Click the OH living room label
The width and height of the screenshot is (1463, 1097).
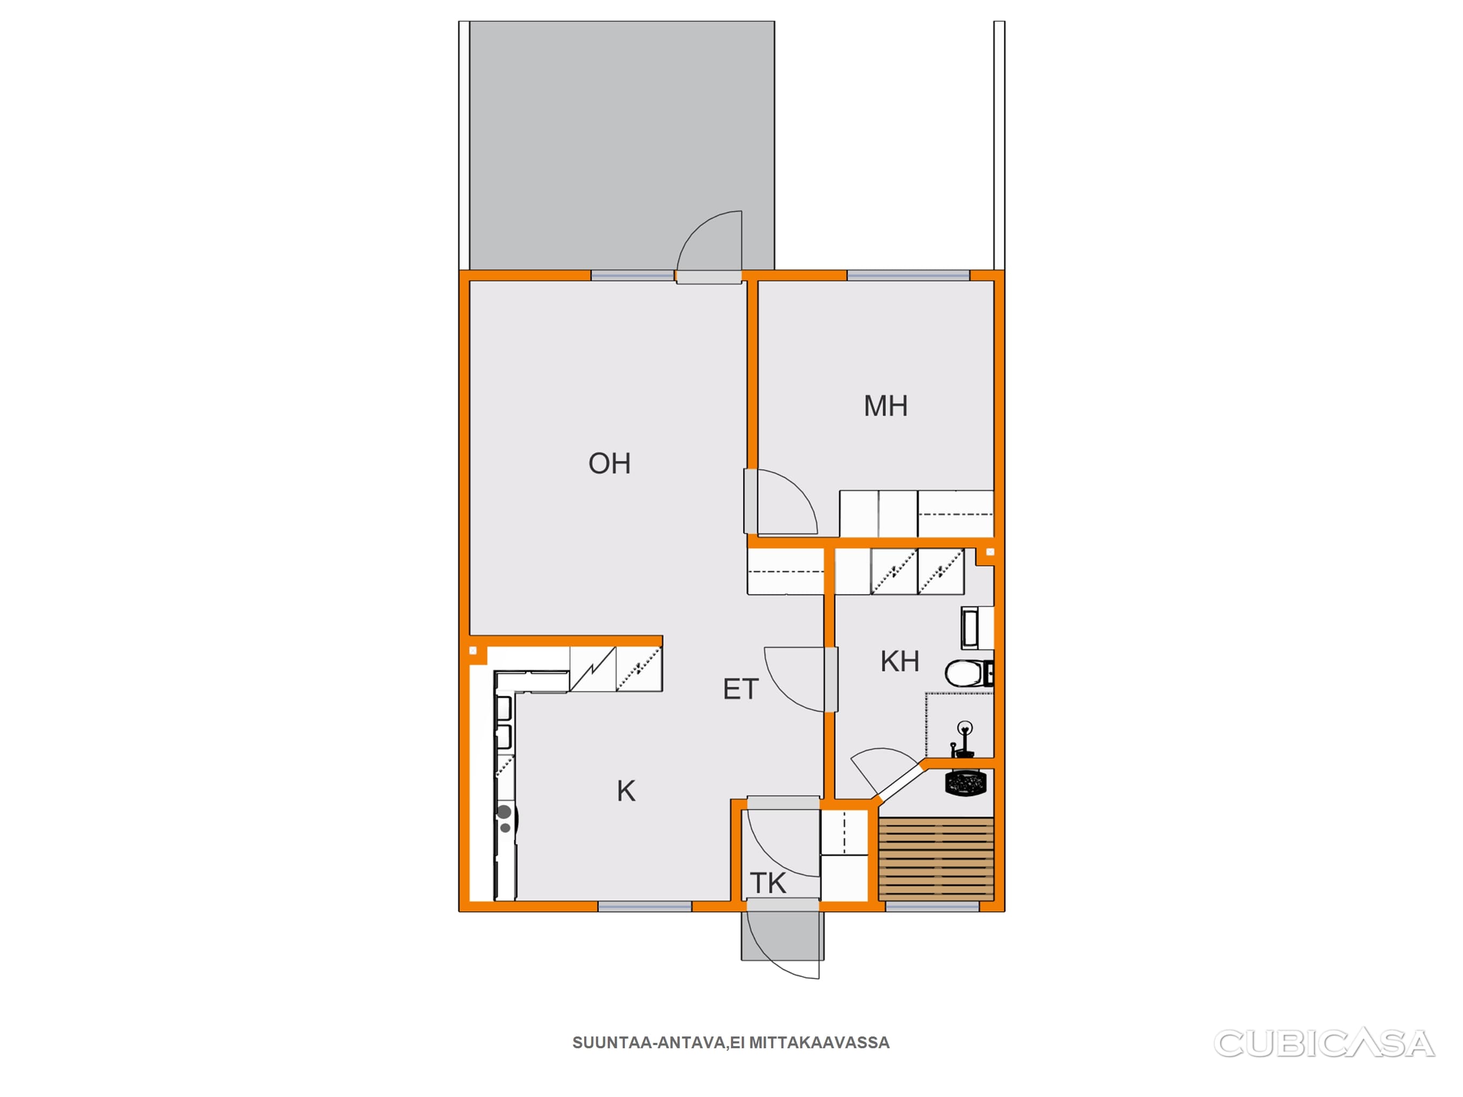click(x=609, y=463)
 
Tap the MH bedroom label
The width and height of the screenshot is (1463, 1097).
click(x=886, y=406)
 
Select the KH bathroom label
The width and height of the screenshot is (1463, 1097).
click(x=899, y=661)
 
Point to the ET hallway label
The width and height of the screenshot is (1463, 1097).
click(x=740, y=690)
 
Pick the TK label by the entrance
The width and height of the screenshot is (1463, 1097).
click(x=768, y=883)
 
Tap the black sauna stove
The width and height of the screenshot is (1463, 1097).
click(x=966, y=784)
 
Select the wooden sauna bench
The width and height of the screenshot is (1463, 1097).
click(x=936, y=858)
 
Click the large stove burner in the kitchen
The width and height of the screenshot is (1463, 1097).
click(x=504, y=812)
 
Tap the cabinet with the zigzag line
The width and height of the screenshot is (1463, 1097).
click(x=593, y=669)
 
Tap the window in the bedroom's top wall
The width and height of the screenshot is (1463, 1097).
click(x=908, y=276)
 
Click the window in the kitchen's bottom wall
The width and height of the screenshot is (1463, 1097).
click(x=645, y=906)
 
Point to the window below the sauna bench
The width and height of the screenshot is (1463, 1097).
click(x=932, y=906)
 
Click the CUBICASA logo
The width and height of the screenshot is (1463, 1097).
click(x=1324, y=1043)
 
